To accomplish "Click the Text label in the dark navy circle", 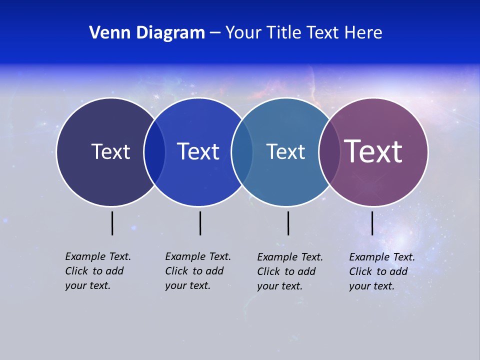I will click(110, 151).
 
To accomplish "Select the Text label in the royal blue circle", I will click(198, 151).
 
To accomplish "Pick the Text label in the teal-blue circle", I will click(285, 151).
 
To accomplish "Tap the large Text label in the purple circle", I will click(373, 151).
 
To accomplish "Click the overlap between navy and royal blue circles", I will click(154, 151).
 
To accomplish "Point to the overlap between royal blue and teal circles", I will click(242, 151).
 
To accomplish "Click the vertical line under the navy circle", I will click(112, 223).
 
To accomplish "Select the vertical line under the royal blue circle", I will click(200, 223).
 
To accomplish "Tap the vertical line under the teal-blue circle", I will click(288, 223).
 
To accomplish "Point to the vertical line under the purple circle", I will click(372, 223).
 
